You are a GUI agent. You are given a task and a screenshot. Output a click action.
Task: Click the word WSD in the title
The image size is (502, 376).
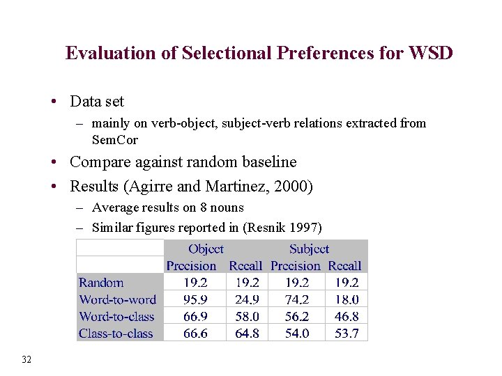[432, 53]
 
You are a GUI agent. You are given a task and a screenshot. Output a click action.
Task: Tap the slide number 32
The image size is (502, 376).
[27, 359]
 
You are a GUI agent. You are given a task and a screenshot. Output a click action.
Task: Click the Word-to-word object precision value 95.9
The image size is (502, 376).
[195, 299]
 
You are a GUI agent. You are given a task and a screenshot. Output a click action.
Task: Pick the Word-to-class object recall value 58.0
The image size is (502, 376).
[248, 316]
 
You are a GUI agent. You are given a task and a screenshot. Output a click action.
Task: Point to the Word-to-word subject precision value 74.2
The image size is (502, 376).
[296, 299]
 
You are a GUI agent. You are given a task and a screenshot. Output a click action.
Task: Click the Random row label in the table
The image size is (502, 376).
[101, 283]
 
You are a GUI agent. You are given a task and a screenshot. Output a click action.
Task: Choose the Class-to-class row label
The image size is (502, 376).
[116, 334]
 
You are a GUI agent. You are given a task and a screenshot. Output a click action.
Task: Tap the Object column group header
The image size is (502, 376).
[206, 249]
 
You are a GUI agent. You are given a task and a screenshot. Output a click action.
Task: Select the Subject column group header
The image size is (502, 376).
[309, 249]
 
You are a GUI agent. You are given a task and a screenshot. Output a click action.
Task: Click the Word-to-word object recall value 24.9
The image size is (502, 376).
[248, 299]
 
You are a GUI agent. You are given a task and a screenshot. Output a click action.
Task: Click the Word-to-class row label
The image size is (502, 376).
[116, 316]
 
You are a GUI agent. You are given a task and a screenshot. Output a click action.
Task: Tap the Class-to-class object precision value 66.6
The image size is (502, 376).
[195, 334]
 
